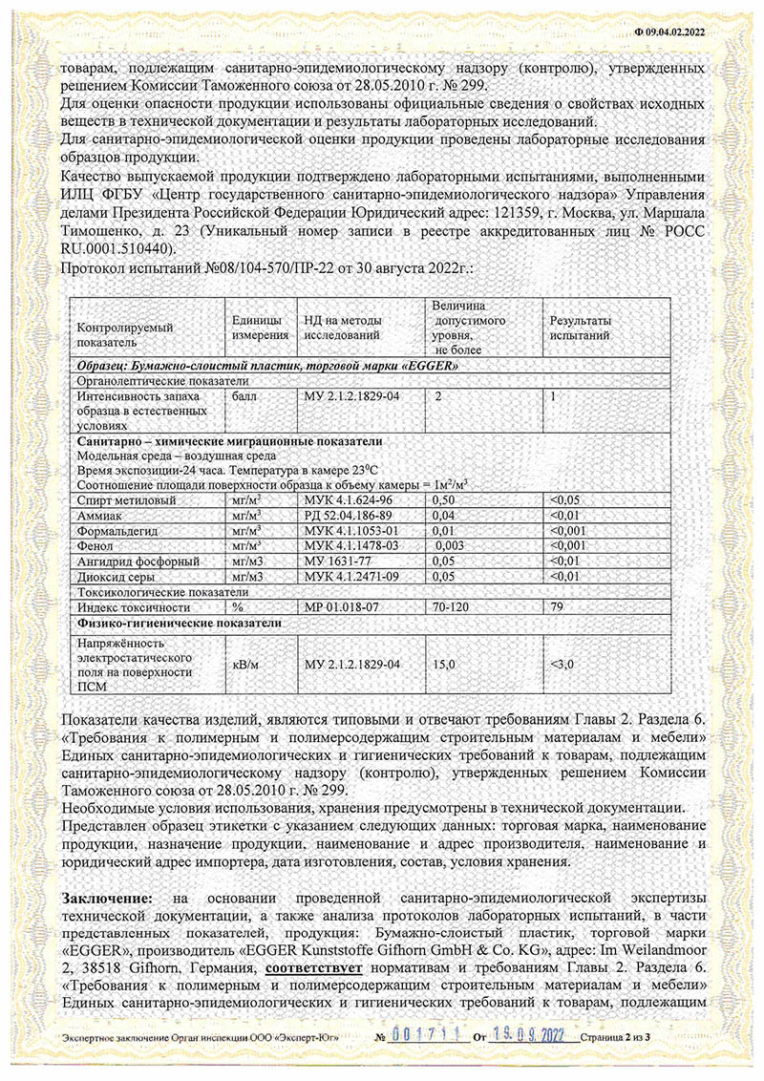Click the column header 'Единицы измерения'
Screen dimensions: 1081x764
tap(258, 327)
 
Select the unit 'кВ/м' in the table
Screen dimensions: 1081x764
tap(244, 664)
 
